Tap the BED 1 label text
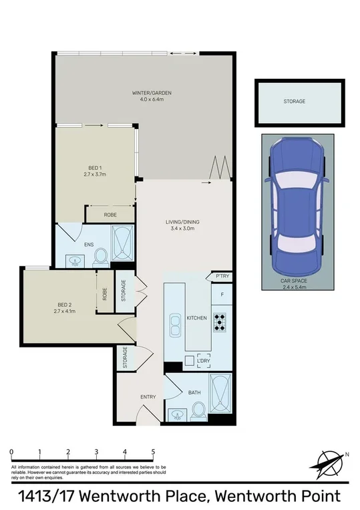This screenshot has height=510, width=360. point(95,167)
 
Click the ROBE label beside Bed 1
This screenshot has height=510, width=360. point(110,215)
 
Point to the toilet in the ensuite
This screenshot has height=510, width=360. point(101,256)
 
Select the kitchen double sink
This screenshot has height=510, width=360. point(176,324)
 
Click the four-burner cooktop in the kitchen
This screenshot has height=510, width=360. point(220,323)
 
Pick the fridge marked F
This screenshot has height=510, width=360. point(221,293)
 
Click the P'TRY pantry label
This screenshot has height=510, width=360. point(220,276)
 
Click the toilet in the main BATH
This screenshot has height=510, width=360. point(198,412)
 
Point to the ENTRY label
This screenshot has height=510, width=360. point(148,397)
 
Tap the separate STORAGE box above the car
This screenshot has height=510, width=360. point(295,102)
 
